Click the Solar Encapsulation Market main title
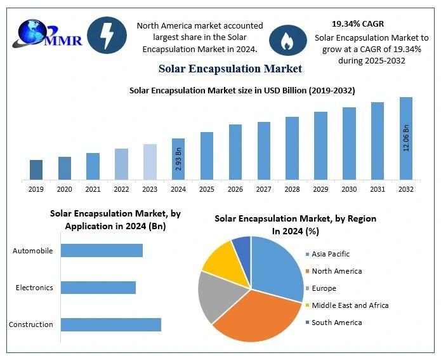click(230, 69)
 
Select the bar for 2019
click(37, 170)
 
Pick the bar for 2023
click(150, 162)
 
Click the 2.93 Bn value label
click(178, 159)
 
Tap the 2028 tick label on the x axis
click(292, 189)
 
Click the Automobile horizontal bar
click(102, 250)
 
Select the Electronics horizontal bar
click(98, 288)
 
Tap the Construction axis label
click(31, 324)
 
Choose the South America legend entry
click(336, 323)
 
